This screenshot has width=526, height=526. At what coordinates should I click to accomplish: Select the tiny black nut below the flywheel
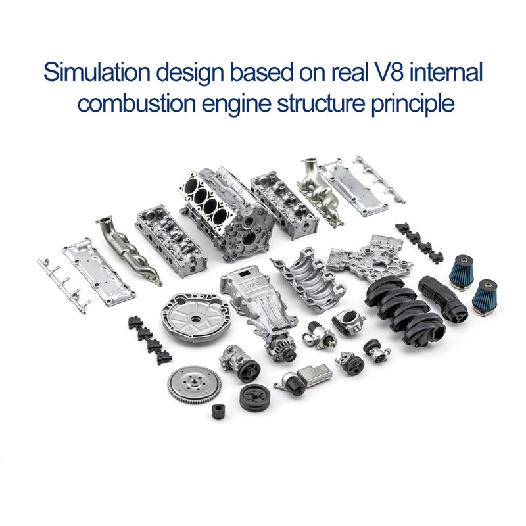click(218, 412)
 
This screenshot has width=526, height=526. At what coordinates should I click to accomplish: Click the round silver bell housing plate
click(193, 320)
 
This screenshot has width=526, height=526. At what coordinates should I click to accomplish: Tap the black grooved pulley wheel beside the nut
click(254, 398)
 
